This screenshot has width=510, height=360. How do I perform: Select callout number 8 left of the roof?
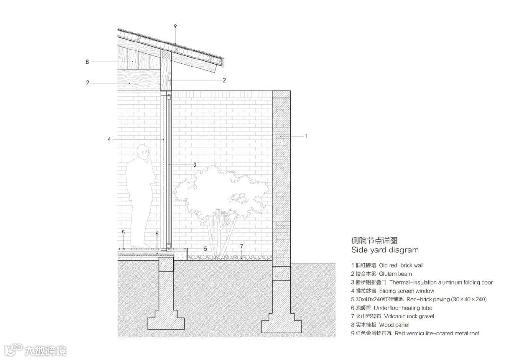pyautogui.click(x=87, y=62)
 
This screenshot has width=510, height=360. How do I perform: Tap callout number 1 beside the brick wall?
pyautogui.click(x=306, y=136)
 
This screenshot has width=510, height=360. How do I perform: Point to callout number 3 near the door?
pyautogui.click(x=195, y=165)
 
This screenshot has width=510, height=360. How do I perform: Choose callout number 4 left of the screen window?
pyautogui.click(x=109, y=139)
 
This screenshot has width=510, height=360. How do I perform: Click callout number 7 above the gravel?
pyautogui.click(x=241, y=246)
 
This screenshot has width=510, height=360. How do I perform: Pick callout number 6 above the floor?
pyautogui.click(x=157, y=234)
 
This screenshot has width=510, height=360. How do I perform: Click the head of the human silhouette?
pyautogui.click(x=143, y=153)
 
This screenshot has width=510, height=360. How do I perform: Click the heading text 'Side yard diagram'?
pyautogui.click(x=385, y=250)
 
